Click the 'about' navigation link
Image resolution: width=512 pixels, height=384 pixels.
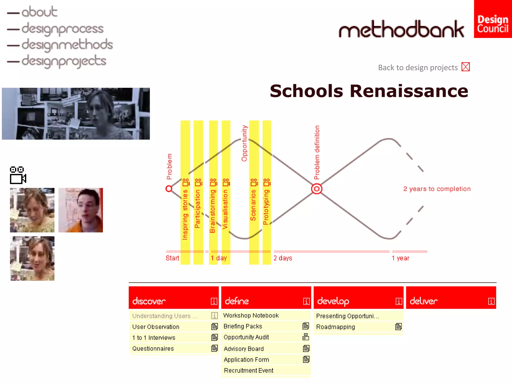(39, 12)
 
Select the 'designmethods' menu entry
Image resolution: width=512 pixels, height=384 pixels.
(67, 45)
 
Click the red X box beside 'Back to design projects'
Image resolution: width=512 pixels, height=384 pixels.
(465, 67)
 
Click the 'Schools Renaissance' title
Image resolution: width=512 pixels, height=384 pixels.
(369, 91)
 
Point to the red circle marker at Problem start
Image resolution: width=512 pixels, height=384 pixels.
(169, 189)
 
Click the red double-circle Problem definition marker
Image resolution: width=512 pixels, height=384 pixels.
(316, 189)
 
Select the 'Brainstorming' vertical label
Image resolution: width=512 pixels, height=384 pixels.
(212, 211)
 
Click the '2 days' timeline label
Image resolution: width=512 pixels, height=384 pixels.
(283, 258)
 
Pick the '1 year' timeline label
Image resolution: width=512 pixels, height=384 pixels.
(400, 258)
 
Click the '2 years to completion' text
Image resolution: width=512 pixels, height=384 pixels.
(437, 189)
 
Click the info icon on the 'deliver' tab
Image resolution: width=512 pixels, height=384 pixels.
(491, 301)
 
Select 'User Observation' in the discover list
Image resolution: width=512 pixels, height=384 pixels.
(156, 327)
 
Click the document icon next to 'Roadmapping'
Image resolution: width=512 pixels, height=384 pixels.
(398, 326)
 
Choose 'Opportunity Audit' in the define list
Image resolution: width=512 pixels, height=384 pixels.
(246, 337)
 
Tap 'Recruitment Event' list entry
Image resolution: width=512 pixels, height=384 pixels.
(248, 370)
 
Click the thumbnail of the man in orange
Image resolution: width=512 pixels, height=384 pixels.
(80, 210)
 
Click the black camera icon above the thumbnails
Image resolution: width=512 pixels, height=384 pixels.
(18, 175)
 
